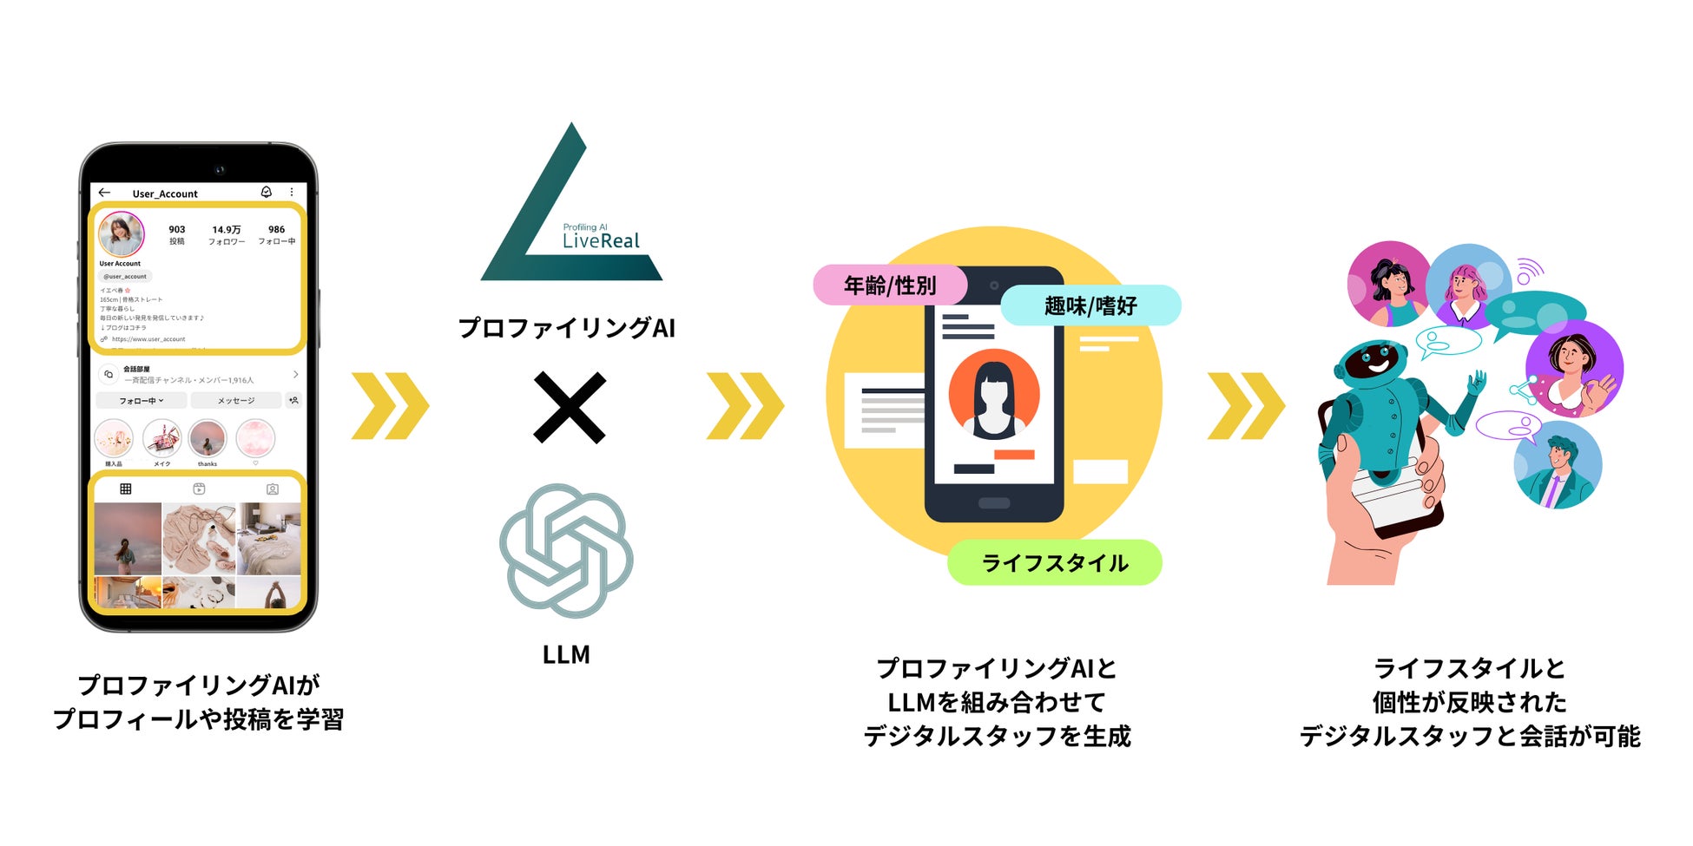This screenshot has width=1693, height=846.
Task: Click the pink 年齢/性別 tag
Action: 890,285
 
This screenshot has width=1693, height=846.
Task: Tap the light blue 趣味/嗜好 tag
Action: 1090,305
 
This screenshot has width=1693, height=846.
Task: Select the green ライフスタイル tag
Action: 1054,563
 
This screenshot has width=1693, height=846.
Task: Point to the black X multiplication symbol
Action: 570,407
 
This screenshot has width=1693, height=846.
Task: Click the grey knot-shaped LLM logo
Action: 566,550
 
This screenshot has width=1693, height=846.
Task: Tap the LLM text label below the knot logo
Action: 566,654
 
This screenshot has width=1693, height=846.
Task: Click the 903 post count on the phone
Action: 177,230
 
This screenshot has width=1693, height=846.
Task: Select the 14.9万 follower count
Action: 227,230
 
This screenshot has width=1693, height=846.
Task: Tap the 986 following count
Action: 277,230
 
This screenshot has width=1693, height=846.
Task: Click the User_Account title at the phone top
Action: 165,193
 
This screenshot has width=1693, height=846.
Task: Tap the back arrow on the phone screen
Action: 105,193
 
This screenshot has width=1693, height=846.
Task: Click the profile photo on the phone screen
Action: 121,234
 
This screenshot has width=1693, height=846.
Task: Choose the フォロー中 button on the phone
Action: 141,401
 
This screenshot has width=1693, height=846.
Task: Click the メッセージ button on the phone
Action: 236,401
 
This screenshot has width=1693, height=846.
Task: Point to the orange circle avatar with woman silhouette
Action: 994,394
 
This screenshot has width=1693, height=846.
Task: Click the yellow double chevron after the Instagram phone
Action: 390,406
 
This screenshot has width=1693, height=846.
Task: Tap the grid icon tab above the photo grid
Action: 126,489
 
